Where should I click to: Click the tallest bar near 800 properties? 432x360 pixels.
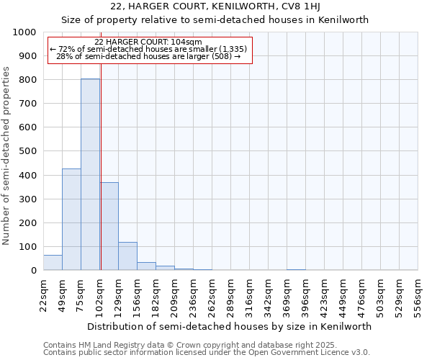click(x=90, y=174)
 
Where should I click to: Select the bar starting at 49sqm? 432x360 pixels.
click(x=71, y=220)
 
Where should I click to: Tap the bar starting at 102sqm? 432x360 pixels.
click(x=109, y=226)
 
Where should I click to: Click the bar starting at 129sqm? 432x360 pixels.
click(x=127, y=256)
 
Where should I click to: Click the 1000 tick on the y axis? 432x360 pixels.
click(x=24, y=32)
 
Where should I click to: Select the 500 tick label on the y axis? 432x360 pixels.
click(x=27, y=152)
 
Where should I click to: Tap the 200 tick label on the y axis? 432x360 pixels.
click(x=27, y=223)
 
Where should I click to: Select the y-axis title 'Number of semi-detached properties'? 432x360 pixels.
click(x=6, y=156)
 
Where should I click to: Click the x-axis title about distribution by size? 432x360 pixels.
click(x=230, y=326)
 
